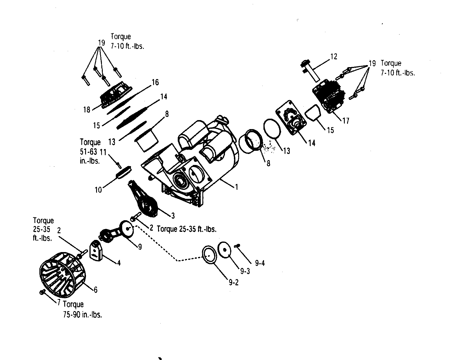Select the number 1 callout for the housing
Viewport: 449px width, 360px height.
tap(237, 187)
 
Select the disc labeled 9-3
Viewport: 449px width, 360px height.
tap(224, 249)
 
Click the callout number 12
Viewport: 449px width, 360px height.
tap(333, 56)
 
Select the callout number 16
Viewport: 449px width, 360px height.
tap(155, 82)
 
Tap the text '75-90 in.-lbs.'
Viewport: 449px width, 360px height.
tap(83, 315)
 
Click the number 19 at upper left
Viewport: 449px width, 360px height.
tap(101, 43)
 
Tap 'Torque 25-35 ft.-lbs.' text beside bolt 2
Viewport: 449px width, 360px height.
tap(186, 229)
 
